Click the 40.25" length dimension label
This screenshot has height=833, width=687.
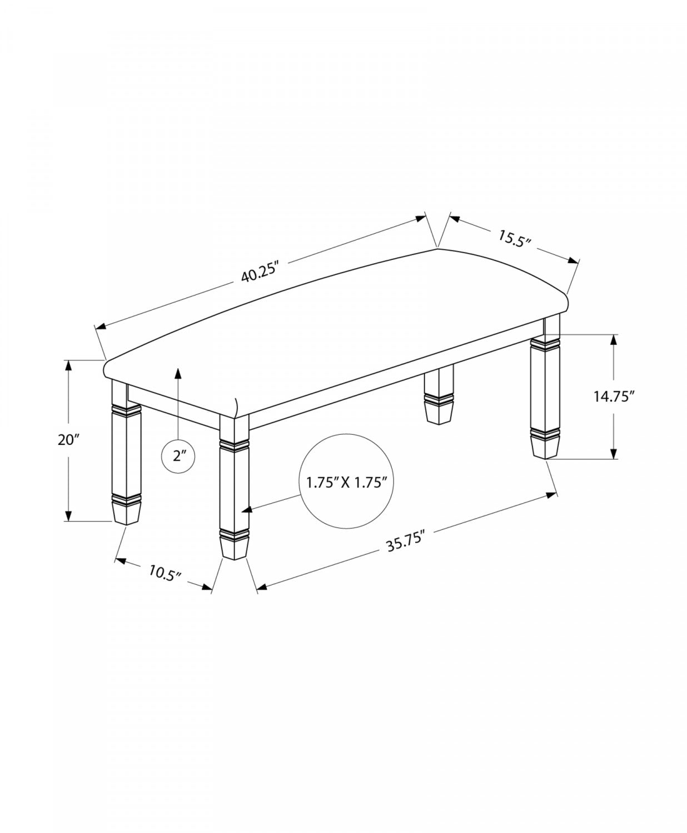point(259,273)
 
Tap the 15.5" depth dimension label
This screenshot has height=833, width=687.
point(514,239)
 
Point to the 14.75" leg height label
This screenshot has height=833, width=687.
point(614,397)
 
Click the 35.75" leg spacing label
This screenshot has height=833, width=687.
point(405,542)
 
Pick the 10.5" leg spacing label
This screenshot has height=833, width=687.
point(165,574)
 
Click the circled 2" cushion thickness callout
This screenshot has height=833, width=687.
point(178,456)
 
